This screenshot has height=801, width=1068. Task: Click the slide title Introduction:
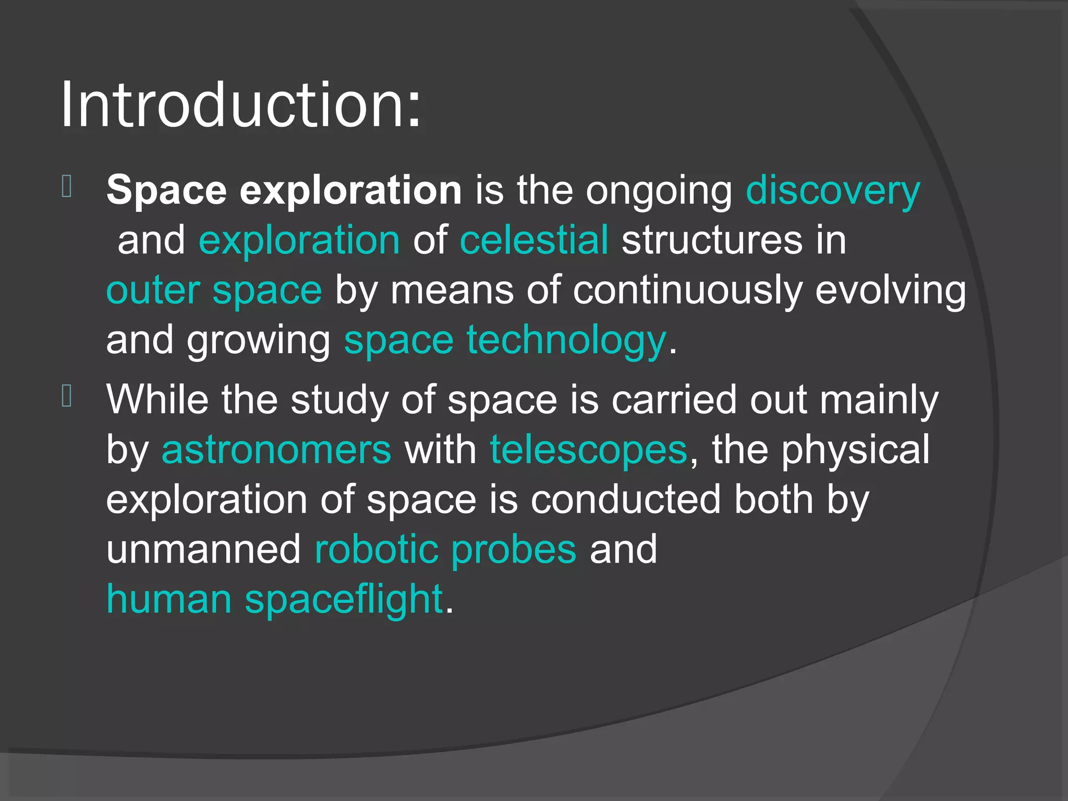(x=241, y=106)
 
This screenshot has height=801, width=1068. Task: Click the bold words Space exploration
(x=284, y=190)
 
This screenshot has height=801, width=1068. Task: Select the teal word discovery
(x=833, y=191)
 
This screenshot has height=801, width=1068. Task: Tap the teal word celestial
(x=534, y=240)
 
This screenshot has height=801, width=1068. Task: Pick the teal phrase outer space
(x=214, y=290)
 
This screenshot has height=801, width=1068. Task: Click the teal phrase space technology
(x=505, y=341)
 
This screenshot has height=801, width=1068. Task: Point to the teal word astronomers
(x=276, y=450)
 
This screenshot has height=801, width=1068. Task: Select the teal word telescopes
(x=588, y=450)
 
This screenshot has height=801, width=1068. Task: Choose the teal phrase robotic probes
(x=445, y=550)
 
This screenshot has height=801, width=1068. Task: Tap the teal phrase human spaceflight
(x=274, y=599)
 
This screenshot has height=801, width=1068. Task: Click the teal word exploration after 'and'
(x=299, y=240)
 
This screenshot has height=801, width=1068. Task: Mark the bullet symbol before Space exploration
(x=67, y=187)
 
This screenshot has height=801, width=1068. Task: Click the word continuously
(x=687, y=290)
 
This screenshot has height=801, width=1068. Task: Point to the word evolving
(x=890, y=290)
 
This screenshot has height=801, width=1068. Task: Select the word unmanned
(x=203, y=550)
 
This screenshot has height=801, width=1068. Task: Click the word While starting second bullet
(x=157, y=399)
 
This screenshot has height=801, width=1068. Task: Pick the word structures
(x=712, y=240)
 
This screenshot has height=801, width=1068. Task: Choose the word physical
(x=855, y=450)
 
